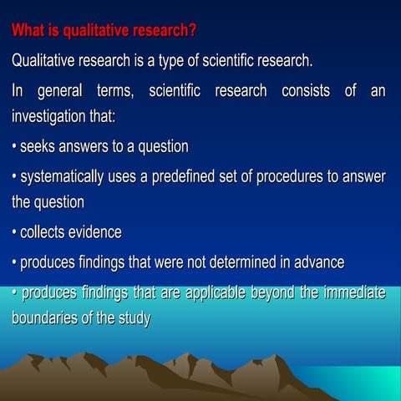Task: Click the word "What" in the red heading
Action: tap(28, 32)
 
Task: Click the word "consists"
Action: tap(293, 90)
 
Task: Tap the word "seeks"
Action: tap(38, 147)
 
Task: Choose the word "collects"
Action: tap(45, 232)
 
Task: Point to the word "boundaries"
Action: tap(44, 318)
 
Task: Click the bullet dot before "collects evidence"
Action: tap(14, 232)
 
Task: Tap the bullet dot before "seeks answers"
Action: tap(14, 147)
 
